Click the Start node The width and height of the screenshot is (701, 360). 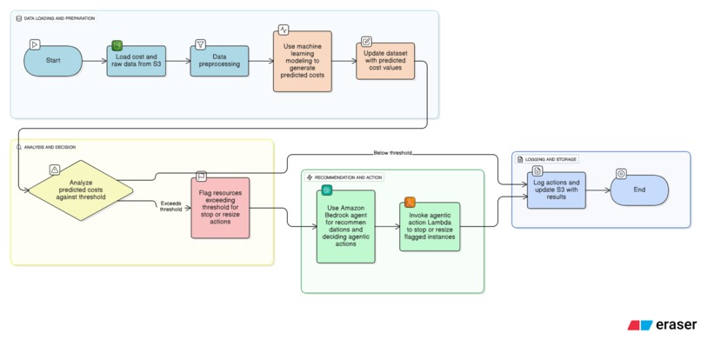click(x=53, y=61)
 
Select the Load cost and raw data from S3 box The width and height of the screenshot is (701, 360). click(x=137, y=62)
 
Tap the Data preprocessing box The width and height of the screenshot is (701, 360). click(x=219, y=62)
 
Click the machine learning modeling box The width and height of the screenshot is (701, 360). click(x=301, y=62)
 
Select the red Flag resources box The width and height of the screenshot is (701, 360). click(x=220, y=209)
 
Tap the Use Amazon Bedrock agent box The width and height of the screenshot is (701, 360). click(x=345, y=225)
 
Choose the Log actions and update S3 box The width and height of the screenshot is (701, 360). click(x=556, y=190)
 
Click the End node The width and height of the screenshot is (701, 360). click(x=639, y=190)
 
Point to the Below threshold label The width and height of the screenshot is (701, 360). click(x=392, y=153)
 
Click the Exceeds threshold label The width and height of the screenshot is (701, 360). click(x=170, y=206)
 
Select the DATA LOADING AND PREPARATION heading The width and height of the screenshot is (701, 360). click(x=59, y=18)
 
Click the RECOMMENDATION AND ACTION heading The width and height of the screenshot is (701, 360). click(x=349, y=177)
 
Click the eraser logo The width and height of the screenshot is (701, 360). click(x=662, y=325)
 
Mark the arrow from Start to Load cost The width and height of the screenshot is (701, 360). click(x=95, y=62)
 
